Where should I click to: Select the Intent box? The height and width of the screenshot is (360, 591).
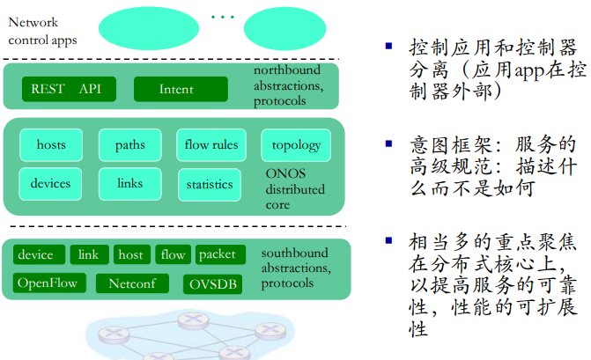pos(181,89)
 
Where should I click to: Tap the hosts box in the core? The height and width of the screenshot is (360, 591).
pos(51,145)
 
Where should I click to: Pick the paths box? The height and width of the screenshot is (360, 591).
pos(129,145)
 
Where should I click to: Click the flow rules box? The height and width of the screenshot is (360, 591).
pos(211,145)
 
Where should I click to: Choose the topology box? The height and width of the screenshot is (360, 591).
pos(296,145)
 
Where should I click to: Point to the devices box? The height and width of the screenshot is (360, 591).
pos(50,184)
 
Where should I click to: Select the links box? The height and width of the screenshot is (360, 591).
pos(129,184)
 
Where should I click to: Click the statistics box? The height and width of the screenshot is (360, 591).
pos(210,184)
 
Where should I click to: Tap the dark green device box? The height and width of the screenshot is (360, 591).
pos(36,255)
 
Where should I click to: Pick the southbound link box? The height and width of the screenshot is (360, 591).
pos(89,255)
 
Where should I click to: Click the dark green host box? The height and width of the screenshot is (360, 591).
pos(131,255)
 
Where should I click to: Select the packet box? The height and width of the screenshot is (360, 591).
pos(218,254)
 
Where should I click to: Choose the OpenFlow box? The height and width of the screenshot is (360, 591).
pos(49,283)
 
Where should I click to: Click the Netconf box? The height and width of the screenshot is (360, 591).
pos(132,283)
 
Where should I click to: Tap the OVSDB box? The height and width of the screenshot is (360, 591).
pos(212,284)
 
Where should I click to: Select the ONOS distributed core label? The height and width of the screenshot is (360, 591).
pos(295,189)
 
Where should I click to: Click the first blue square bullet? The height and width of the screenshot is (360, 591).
pos(388,45)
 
